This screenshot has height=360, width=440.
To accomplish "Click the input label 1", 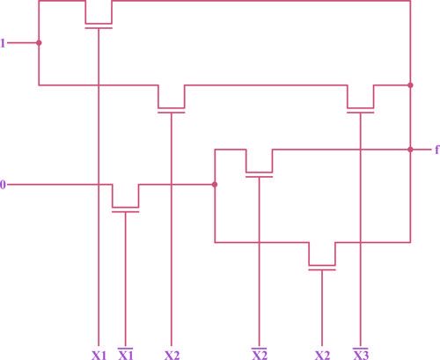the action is click(3, 43).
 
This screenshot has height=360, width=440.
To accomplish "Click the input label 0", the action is click(3, 185).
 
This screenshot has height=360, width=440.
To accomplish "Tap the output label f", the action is click(436, 150).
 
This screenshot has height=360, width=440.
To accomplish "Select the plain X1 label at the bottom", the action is click(99, 356).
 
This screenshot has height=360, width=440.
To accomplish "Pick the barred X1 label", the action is click(126, 354).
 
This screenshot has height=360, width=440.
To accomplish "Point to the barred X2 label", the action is click(260, 354).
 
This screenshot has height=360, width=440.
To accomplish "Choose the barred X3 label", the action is click(361, 354).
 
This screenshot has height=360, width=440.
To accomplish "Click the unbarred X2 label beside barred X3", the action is click(322, 356).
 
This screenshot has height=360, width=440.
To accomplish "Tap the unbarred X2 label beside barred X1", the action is click(172, 356).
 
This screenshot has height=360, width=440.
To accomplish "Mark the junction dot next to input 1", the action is click(39, 43).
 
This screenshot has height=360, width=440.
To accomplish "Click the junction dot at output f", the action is click(410, 150).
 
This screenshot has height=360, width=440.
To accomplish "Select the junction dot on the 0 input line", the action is click(215, 185).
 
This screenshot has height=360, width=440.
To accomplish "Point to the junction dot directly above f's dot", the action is click(410, 85).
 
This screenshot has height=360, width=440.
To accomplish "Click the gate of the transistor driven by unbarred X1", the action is click(99, 28).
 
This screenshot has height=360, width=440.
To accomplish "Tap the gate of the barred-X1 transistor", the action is click(126, 211).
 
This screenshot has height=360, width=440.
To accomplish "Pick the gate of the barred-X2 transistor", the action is click(260, 177).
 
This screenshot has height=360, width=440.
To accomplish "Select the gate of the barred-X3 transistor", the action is click(361, 113).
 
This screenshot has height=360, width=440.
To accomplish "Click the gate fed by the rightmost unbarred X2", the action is click(322, 269).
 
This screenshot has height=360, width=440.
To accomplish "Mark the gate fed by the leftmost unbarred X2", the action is click(172, 113).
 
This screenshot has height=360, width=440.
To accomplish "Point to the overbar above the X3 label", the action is click(361, 349).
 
